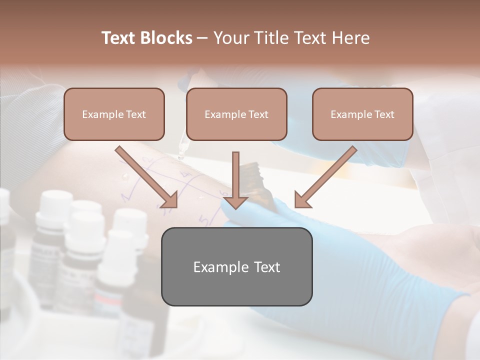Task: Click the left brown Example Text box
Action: coord(114,114)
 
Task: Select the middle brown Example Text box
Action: coord(236,114)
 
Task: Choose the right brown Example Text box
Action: coord(362,114)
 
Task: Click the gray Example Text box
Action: coord(236,266)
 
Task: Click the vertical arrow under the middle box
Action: coord(235,175)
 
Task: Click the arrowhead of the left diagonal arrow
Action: coord(170,199)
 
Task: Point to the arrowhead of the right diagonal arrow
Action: coord(302,199)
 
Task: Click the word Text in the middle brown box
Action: coord(258,114)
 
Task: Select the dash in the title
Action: coord(202,38)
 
